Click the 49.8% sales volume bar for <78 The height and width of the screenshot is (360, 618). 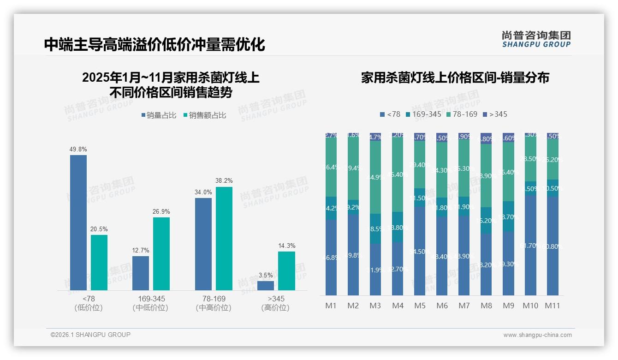[x=78, y=222]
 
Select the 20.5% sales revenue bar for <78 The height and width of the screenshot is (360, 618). [x=99, y=263]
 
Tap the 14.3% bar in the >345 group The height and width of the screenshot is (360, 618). [x=286, y=270]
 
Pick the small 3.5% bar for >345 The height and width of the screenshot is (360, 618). [x=266, y=286]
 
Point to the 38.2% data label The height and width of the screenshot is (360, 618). [x=224, y=180]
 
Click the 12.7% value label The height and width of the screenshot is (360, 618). [x=141, y=250]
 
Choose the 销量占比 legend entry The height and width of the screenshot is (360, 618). [x=159, y=115]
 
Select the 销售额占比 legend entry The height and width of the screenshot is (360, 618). [x=205, y=115]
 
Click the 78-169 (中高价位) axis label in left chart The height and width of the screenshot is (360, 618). [x=214, y=303]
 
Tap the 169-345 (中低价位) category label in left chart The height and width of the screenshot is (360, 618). [x=151, y=303]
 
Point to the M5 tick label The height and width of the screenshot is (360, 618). [x=420, y=306]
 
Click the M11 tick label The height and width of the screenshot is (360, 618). [x=552, y=306]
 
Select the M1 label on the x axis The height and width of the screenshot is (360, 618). [x=331, y=306]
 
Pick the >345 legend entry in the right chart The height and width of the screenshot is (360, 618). [x=495, y=114]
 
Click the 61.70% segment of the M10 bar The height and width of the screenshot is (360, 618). [x=530, y=245]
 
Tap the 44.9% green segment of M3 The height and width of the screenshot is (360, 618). [x=375, y=177]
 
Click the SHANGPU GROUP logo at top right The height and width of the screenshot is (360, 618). [x=536, y=39]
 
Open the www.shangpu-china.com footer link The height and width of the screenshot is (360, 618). [x=537, y=335]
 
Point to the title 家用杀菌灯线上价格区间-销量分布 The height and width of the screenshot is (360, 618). [x=455, y=78]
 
